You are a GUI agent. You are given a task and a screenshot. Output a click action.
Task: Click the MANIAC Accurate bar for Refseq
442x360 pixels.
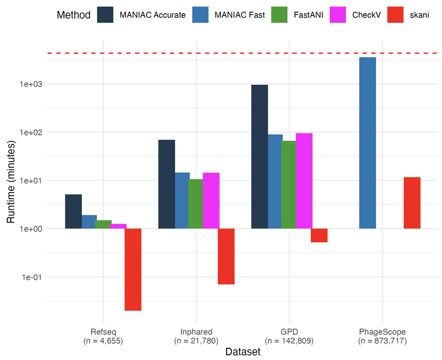(x=73, y=211)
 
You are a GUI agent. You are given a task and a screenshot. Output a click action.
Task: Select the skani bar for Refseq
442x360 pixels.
(x=133, y=269)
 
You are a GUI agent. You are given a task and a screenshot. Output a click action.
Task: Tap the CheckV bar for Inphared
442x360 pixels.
(x=211, y=201)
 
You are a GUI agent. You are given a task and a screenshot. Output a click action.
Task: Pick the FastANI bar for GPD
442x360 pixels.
(x=289, y=185)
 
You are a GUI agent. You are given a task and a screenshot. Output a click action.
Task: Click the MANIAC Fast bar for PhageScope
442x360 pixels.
(x=367, y=143)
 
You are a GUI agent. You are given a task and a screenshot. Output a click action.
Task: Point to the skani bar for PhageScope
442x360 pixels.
(x=412, y=203)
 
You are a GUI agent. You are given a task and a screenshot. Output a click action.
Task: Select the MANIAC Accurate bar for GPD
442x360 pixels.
(x=259, y=157)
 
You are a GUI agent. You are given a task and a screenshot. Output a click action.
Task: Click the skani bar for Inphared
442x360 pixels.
(x=226, y=256)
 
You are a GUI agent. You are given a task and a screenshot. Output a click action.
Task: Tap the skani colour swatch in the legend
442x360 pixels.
(x=395, y=15)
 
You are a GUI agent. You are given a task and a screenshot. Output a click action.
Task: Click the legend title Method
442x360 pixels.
(x=73, y=15)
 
